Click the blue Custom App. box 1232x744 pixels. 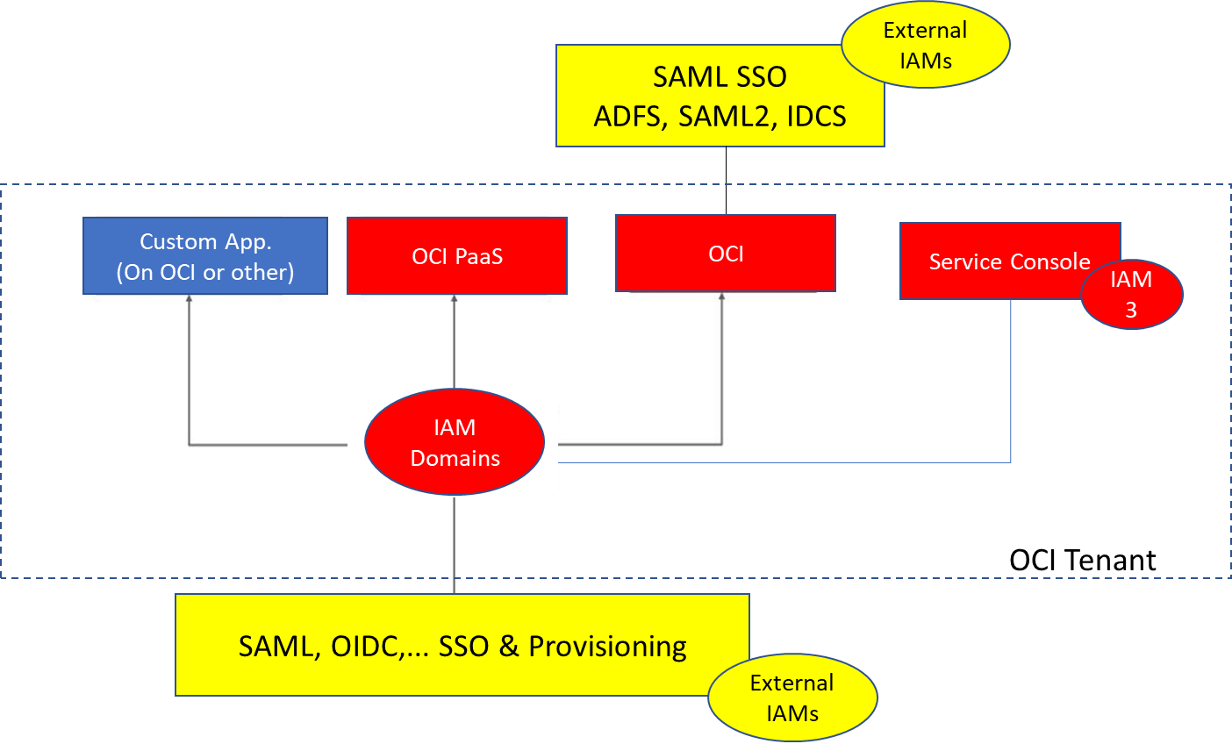(205, 255)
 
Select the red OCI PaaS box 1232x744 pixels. (457, 256)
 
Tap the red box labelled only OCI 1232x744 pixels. (726, 254)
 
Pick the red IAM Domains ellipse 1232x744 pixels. (455, 442)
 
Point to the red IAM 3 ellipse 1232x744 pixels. (1131, 294)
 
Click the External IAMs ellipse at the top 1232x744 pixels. (926, 45)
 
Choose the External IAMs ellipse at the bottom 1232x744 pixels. (792, 697)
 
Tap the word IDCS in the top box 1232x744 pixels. (816, 117)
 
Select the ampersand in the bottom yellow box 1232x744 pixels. (509, 647)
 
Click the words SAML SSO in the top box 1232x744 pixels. (720, 77)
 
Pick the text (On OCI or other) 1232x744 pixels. (205, 272)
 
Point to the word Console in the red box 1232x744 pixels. (1049, 261)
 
